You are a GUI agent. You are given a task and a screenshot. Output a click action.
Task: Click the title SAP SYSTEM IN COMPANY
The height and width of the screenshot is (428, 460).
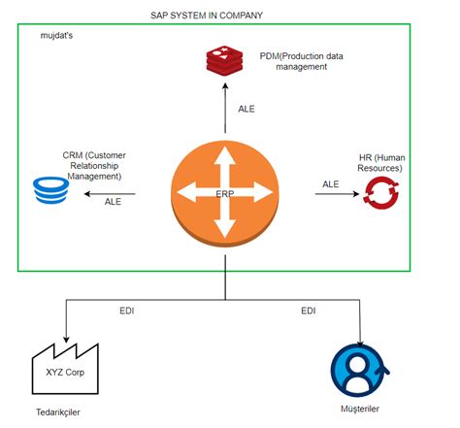click(207, 16)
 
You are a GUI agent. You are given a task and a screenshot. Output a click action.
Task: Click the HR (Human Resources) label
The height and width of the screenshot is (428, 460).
click(379, 162)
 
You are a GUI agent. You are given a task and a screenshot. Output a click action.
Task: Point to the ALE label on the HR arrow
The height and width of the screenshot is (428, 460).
click(331, 183)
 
